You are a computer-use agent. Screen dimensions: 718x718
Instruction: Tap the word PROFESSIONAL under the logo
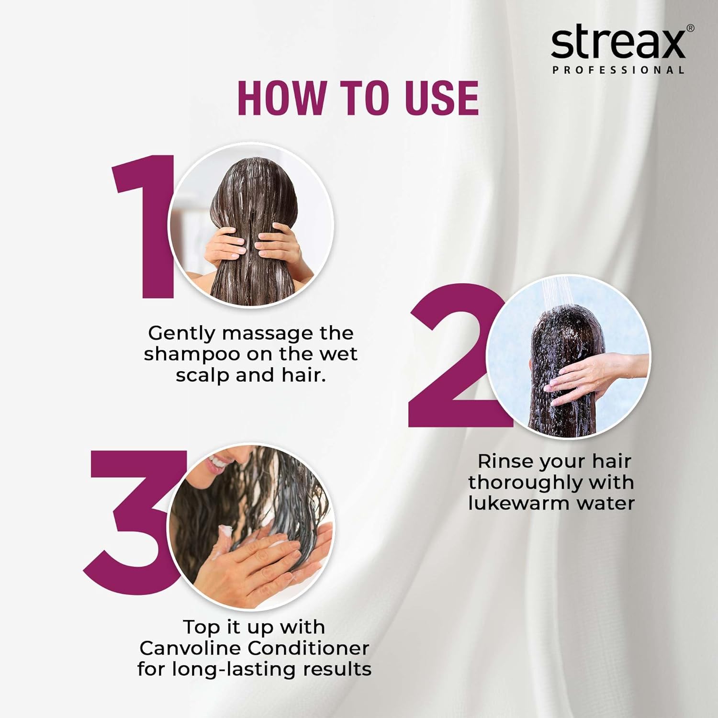[x=618, y=70]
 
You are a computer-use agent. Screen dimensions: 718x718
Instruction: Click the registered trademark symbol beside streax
[x=690, y=28]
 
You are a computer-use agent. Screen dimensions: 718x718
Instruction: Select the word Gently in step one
[x=181, y=333]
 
